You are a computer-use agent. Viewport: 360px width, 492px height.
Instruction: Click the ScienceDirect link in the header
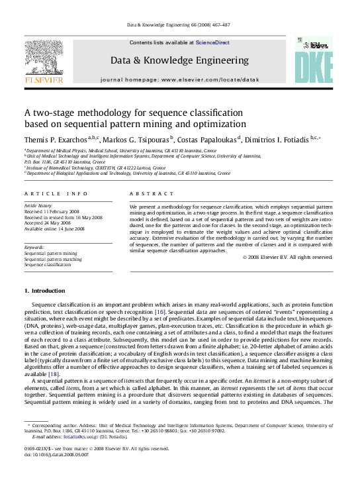tap(212, 42)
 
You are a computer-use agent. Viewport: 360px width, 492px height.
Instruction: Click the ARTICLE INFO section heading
tap(56, 193)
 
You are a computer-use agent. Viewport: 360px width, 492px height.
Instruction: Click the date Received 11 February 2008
tap(54, 212)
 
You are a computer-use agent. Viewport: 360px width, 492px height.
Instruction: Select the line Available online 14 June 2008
tap(54, 228)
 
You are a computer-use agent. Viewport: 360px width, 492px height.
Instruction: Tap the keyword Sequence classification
tap(50, 264)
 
